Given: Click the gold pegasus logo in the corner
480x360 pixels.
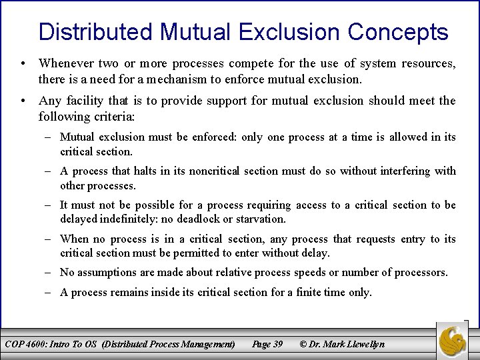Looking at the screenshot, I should point(455,340).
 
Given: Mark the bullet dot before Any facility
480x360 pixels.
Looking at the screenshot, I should point(23,101).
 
